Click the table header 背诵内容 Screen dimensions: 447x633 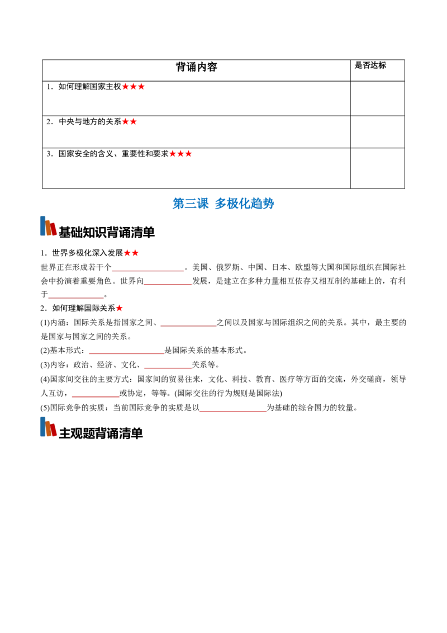(x=197, y=67)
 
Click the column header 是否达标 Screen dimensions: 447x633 (x=370, y=65)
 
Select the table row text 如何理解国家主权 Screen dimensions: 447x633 (x=89, y=87)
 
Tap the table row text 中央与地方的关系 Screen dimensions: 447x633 (x=89, y=121)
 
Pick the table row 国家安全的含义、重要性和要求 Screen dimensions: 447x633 (x=113, y=154)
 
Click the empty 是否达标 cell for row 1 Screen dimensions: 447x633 (x=378, y=98)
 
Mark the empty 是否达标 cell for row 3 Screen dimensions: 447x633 (x=378, y=168)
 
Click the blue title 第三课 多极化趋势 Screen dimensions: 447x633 (x=223, y=204)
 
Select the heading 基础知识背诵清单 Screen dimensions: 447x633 (x=107, y=232)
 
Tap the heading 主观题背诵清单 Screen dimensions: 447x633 (x=101, y=433)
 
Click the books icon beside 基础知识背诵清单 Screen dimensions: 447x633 (x=49, y=226)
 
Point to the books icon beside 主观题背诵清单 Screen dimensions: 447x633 (x=49, y=427)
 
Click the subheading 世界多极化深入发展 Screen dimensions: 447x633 (x=87, y=253)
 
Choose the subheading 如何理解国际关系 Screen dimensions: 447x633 (x=83, y=309)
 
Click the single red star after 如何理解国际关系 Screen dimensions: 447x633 (x=120, y=309)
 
